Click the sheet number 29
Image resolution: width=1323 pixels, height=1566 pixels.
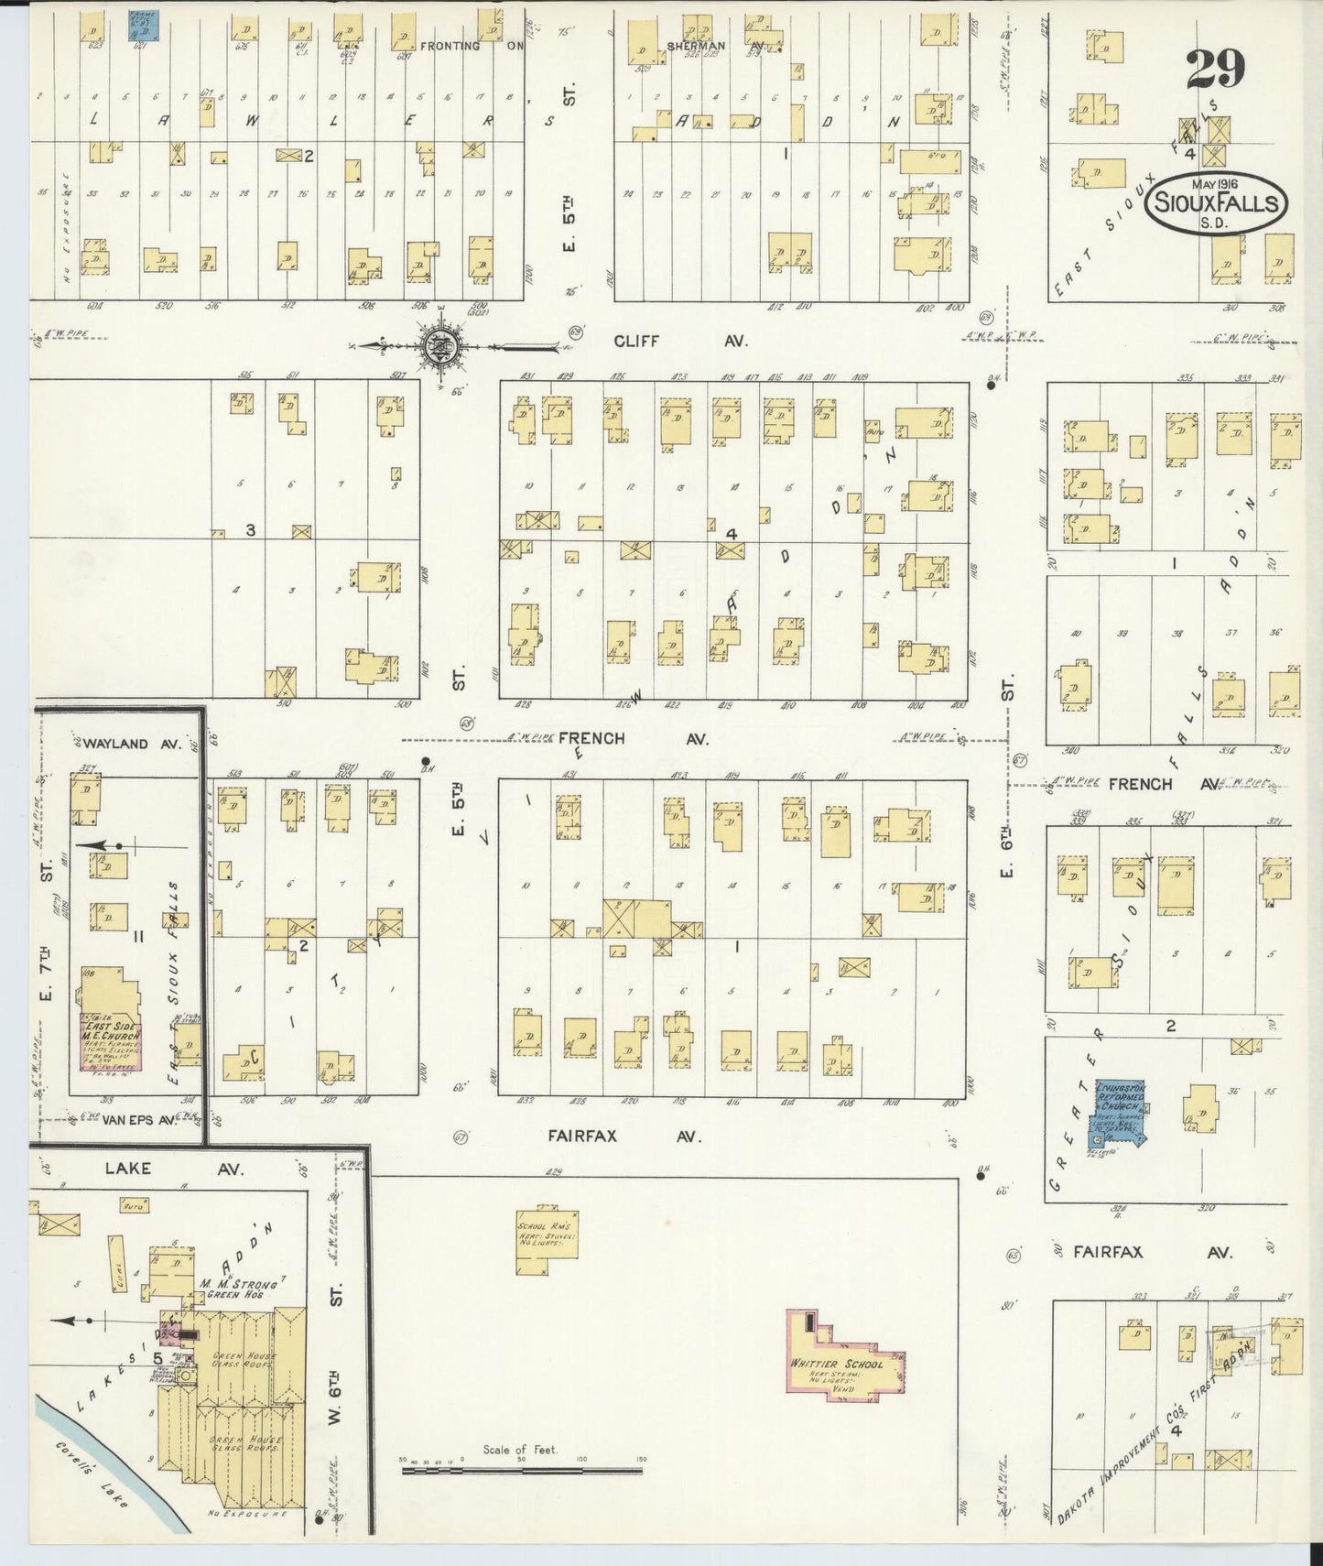(1216, 69)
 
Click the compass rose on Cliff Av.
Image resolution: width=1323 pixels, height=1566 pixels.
(441, 346)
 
